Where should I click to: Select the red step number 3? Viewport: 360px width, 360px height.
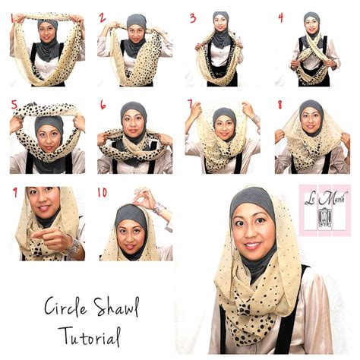192,17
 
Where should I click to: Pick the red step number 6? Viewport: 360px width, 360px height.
103,106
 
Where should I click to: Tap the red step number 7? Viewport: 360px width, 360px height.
191,104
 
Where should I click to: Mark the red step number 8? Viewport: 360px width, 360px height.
279,105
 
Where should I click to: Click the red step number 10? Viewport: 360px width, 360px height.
102,193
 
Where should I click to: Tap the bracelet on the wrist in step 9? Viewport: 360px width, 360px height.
72,245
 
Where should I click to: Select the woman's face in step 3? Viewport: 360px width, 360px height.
220,28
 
